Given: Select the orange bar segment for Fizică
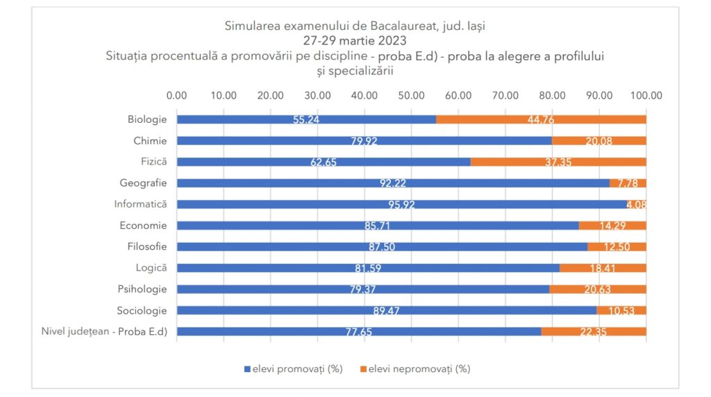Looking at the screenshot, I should click(x=558, y=162).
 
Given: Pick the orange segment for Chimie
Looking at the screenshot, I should click(x=599, y=141).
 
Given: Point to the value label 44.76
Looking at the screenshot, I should click(x=541, y=119).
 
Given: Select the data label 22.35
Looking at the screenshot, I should click(x=593, y=332).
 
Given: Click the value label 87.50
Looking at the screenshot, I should click(x=382, y=247).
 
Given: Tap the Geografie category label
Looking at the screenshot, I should click(x=143, y=183).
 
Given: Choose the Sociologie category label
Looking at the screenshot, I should click(x=142, y=310).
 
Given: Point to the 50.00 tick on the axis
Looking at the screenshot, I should click(x=411, y=96).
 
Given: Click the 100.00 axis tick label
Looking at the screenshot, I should click(x=646, y=96).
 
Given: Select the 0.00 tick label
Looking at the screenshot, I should click(x=177, y=96).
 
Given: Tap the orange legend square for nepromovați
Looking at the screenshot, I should click(x=362, y=369).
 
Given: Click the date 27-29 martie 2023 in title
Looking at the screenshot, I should click(x=355, y=41).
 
